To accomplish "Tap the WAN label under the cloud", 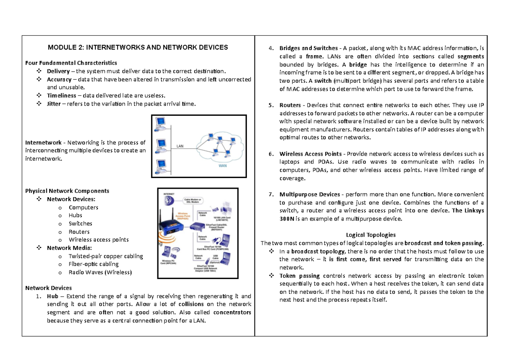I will tap(222, 166).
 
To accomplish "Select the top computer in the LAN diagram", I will tap(160, 123).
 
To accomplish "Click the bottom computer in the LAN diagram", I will tap(160, 165).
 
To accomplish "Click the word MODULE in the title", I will tap(62, 47).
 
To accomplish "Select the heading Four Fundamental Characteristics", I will tap(71, 63).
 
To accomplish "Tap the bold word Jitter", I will tap(55, 104).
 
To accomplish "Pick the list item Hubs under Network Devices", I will tap(76, 215).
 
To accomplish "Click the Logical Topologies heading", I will tap(370, 234).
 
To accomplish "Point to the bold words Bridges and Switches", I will tap(308, 47).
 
